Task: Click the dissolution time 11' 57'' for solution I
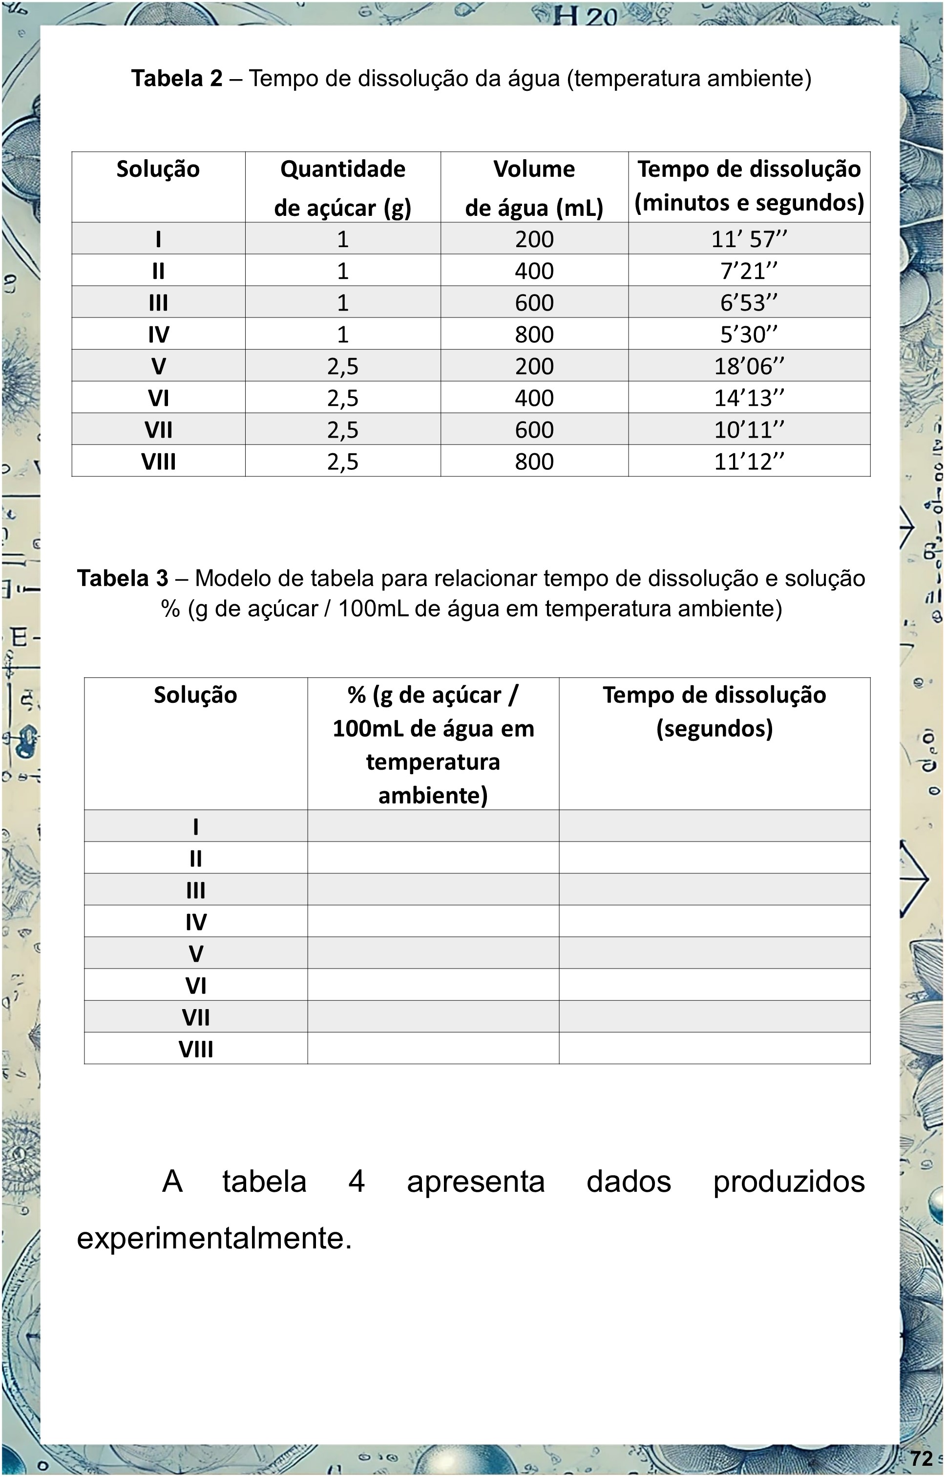[749, 239]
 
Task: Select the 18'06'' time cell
[749, 366]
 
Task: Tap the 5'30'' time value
[749, 335]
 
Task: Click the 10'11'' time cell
[749, 429]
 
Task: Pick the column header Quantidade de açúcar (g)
[342, 188]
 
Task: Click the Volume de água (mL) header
[534, 188]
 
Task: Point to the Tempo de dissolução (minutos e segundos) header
[749, 185]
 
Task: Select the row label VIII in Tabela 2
[158, 462]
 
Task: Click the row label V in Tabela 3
[196, 953]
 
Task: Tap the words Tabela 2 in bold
[177, 79]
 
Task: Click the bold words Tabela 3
[122, 578]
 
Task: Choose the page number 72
[921, 1457]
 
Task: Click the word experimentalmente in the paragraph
[213, 1238]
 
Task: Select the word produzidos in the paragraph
[789, 1181]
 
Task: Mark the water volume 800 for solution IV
[534, 335]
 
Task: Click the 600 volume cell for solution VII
[534, 429]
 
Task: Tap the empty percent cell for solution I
[433, 826]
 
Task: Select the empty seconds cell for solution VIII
[714, 1049]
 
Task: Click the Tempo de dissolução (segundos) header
[714, 712]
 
